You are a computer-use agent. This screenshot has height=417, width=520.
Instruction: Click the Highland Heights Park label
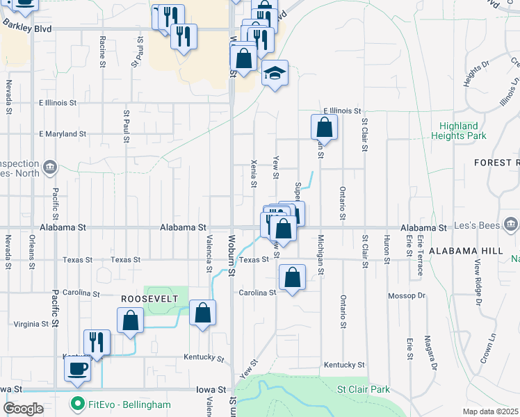[x=458, y=131]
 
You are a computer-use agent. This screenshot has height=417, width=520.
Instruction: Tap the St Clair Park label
[x=364, y=390]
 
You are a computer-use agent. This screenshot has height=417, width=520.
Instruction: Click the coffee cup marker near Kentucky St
[x=77, y=368]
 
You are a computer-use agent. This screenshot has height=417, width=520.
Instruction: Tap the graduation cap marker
[x=275, y=73]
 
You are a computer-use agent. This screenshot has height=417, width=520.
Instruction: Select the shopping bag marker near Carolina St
[x=293, y=277]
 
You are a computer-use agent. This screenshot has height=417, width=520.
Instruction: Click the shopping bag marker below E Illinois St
[x=324, y=127]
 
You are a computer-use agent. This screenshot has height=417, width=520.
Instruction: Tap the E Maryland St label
[x=63, y=133]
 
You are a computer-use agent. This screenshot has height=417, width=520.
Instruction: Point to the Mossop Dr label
[x=407, y=295]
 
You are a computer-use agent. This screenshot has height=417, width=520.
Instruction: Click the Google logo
[x=23, y=409]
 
